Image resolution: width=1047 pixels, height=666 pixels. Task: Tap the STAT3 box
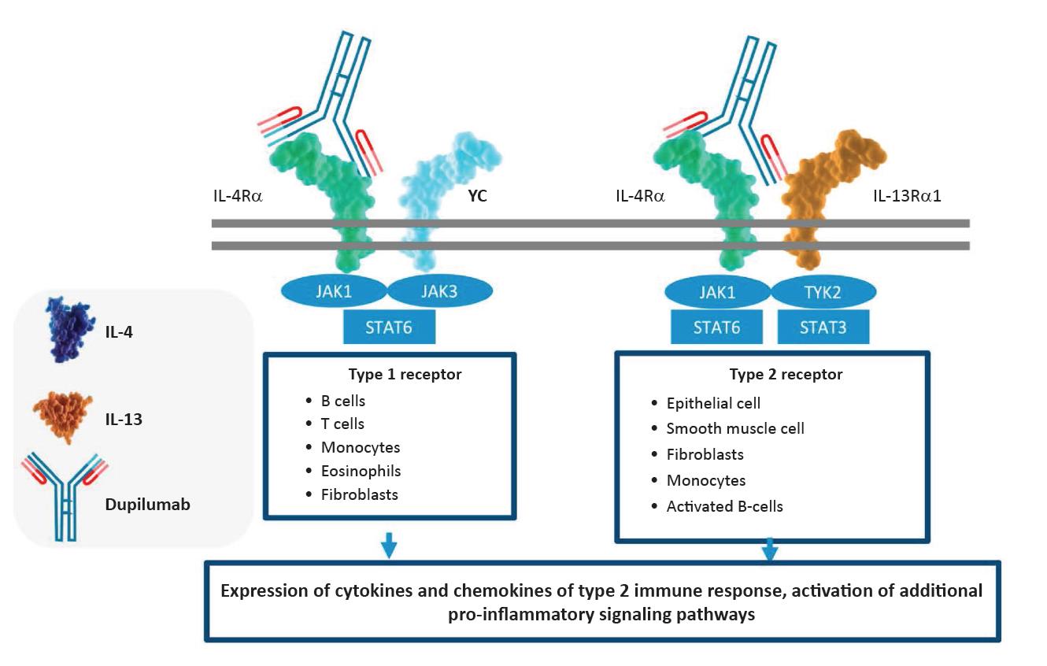823,326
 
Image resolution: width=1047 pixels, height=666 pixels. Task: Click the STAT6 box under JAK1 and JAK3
389,326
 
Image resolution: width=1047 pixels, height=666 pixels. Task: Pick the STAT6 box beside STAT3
717,326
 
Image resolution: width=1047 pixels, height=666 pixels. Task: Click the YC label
477,196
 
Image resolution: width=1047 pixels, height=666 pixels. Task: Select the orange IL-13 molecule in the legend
64,413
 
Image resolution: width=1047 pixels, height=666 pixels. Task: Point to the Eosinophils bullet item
361,471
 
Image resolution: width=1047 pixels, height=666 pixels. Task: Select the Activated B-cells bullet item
724,505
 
